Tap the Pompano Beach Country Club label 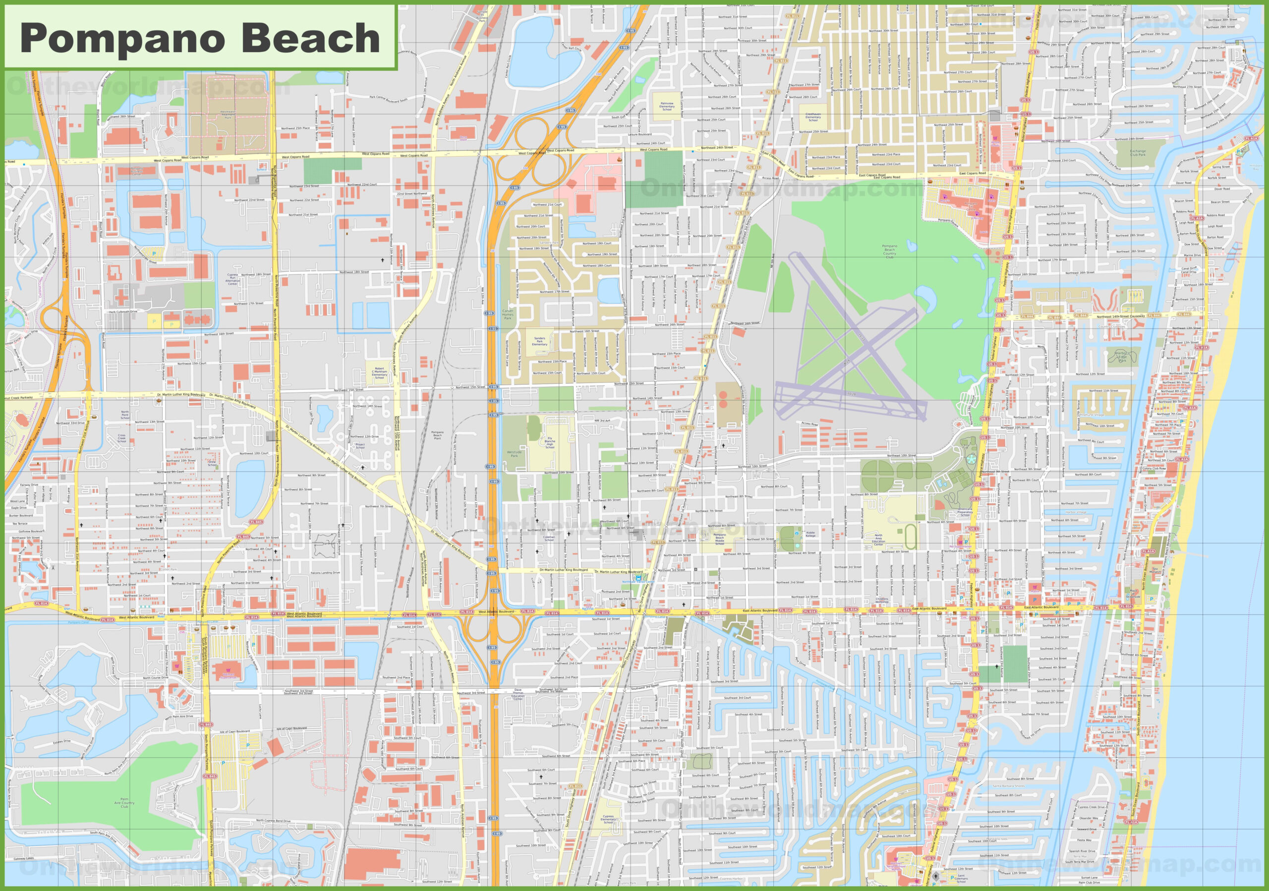[889, 251]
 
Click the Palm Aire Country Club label [125, 803]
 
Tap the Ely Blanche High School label [550, 443]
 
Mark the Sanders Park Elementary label [539, 341]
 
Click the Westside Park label [514, 454]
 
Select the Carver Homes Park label [508, 314]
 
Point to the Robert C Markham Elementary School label [379, 373]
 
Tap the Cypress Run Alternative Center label [232, 279]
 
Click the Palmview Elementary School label [667, 106]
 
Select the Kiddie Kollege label [810, 534]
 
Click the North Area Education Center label [878, 539]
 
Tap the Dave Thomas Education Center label [518, 693]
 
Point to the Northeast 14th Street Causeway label [1120, 317]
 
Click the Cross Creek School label [121, 438]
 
